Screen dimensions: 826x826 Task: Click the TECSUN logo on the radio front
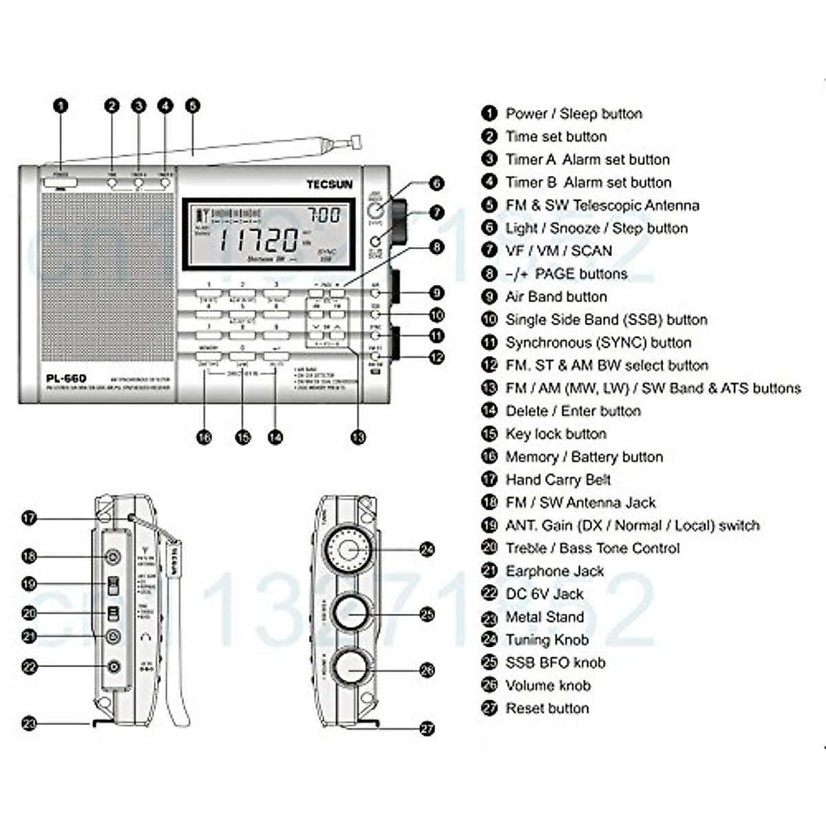(329, 184)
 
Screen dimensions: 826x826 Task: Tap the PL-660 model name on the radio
(66, 378)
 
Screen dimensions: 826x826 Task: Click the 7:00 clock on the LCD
(324, 215)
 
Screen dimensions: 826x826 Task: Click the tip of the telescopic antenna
(356, 141)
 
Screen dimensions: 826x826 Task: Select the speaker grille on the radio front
(107, 275)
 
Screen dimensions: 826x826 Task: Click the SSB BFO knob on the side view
(350, 613)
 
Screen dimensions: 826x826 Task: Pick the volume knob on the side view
(350, 668)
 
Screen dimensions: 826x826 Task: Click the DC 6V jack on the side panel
(114, 666)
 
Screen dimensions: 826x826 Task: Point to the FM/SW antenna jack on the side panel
(113, 556)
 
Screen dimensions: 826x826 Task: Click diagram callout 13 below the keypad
(358, 437)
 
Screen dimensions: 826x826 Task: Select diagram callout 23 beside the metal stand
(29, 723)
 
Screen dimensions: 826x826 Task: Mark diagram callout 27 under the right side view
(427, 728)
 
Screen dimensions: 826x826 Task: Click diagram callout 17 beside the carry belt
(29, 518)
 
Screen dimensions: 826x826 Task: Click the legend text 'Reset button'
(547, 708)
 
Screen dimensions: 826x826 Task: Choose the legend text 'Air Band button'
(555, 297)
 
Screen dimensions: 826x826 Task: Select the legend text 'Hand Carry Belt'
(558, 480)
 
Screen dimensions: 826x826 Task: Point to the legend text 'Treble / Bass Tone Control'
(592, 549)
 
